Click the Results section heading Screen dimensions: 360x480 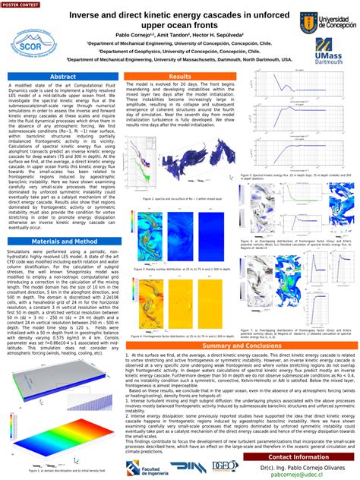pos(180,77)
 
